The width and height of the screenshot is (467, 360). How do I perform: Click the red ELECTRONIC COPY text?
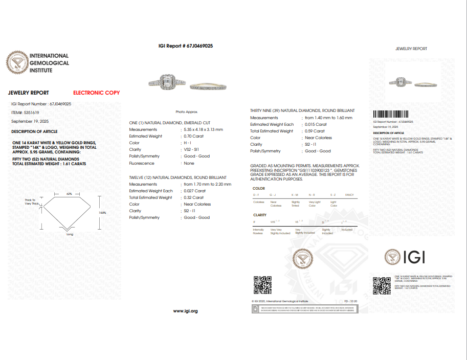click(96, 93)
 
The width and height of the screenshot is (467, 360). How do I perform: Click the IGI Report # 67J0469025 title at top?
click(186, 46)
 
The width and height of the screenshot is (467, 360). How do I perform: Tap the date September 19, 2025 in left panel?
click(30, 121)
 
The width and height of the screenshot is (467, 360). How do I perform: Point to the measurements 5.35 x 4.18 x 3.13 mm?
click(204, 130)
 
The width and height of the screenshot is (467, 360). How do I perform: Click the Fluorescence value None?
click(189, 164)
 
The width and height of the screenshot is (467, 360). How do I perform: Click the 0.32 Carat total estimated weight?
click(194, 197)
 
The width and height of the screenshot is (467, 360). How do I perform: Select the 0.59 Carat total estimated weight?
click(316, 131)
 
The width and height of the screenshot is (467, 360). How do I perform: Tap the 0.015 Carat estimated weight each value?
click(316, 124)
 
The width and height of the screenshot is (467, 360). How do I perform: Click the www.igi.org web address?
click(185, 311)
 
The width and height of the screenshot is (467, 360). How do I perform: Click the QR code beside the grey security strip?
click(262, 285)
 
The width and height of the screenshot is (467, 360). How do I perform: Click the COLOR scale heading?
click(259, 189)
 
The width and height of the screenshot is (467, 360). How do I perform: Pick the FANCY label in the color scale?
click(349, 195)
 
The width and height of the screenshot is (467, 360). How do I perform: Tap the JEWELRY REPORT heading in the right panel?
click(411, 49)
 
